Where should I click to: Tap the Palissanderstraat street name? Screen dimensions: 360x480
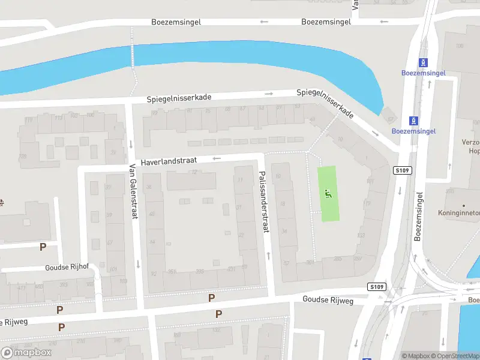(263, 201)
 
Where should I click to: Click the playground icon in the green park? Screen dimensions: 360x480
(328, 193)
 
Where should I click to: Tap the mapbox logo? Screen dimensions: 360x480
(26, 352)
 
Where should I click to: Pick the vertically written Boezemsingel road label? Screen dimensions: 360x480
(419, 216)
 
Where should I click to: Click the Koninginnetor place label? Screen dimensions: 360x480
(459, 212)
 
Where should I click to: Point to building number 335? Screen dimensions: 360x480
(200, 272)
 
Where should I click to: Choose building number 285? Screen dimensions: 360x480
(338, 259)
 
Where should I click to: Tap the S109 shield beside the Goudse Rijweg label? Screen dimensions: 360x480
(376, 287)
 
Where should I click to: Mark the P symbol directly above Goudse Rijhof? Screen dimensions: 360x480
(43, 247)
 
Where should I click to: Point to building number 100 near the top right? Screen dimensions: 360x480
(460, 46)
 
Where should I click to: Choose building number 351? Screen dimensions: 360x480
(172, 272)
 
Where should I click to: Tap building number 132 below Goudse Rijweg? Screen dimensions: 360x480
(217, 329)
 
